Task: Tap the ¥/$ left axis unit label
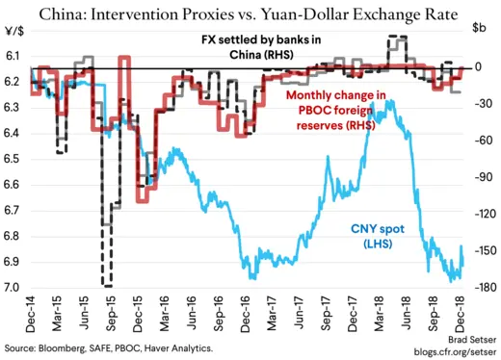17,40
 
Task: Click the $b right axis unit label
479,40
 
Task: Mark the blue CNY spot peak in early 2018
384,100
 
